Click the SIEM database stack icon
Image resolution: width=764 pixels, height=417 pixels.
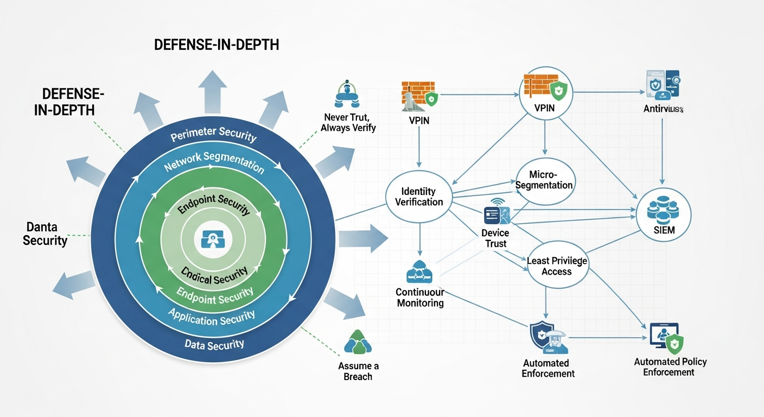tap(663, 210)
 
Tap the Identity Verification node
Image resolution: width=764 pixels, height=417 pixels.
tap(419, 197)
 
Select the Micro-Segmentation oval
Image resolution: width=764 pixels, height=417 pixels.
tap(544, 179)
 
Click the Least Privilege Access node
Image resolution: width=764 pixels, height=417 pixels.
tap(557, 266)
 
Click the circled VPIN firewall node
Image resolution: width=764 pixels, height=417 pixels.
tap(544, 95)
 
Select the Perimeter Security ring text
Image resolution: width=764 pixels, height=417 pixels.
tap(213, 134)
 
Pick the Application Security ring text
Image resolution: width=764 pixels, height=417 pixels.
tap(211, 318)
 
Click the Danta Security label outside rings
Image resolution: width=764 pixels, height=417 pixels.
tap(44, 233)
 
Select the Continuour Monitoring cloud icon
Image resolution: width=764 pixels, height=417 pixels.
tap(420, 271)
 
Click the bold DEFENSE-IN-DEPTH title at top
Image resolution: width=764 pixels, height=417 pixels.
tap(217, 45)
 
